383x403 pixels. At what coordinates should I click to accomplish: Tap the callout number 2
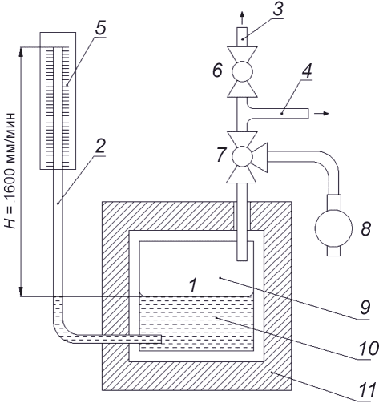click(x=100, y=146)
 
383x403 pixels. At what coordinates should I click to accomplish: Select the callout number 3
click(x=277, y=9)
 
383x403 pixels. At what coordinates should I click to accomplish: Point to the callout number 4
click(x=307, y=71)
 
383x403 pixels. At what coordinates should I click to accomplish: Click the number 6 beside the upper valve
click(x=217, y=71)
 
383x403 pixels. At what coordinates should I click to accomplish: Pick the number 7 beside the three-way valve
click(x=221, y=155)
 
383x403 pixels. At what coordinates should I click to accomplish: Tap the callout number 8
click(x=366, y=228)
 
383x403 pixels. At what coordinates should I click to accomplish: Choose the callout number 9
click(x=365, y=307)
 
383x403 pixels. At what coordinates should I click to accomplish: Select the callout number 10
click(x=369, y=348)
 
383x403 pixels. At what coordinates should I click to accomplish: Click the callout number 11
click(x=367, y=389)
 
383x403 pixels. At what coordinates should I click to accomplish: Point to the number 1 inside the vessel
click(x=192, y=284)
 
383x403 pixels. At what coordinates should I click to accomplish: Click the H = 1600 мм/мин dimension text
click(x=10, y=171)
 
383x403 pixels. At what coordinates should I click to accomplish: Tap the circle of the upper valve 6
click(x=242, y=71)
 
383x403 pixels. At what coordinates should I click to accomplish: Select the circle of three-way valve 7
click(x=242, y=156)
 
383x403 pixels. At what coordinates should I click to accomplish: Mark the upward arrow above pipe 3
click(x=242, y=18)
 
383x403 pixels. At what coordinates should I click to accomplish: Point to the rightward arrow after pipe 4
click(x=321, y=114)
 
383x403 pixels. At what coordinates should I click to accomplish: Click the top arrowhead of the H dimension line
click(x=21, y=52)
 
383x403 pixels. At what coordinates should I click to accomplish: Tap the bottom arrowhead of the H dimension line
click(x=21, y=292)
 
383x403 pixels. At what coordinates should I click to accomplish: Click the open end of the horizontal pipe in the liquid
click(x=161, y=339)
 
